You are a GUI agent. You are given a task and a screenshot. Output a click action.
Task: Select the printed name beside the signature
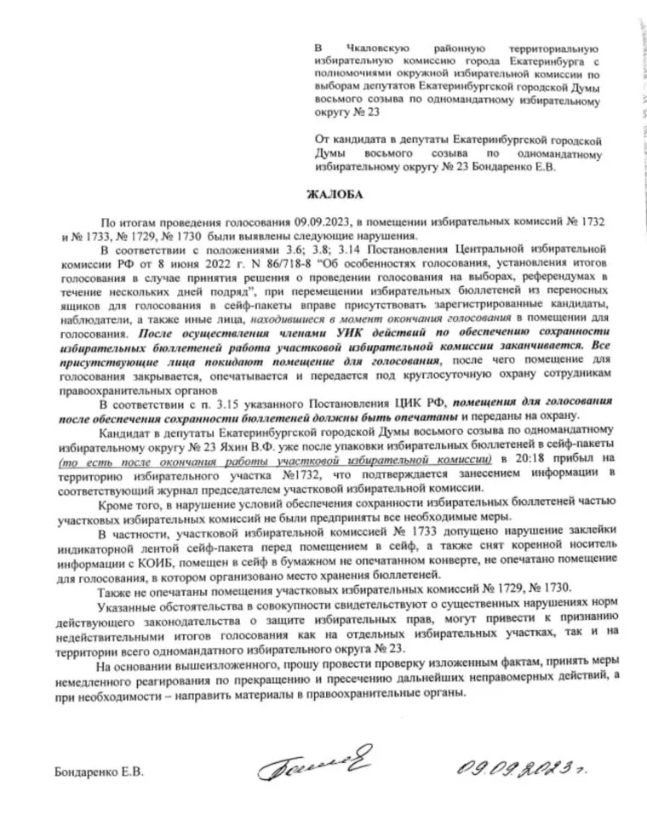point(98,772)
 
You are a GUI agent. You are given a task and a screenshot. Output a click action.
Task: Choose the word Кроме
point(115,501)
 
